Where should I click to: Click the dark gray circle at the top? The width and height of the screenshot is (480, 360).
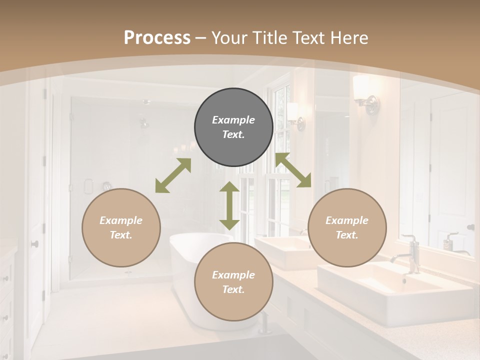233,127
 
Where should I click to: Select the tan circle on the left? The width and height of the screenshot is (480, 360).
121,227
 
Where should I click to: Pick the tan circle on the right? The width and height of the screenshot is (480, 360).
347,227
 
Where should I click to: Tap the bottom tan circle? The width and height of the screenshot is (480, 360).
233,282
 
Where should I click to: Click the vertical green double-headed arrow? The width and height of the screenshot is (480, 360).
229,206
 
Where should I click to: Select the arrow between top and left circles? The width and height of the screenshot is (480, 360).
173,175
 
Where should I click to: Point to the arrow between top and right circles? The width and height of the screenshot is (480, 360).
293,170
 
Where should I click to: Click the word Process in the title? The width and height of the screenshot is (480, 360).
157,38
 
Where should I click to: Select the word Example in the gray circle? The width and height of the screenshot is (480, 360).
233,120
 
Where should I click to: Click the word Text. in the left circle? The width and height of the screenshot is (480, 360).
121,235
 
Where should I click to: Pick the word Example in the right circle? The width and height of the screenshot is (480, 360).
347,220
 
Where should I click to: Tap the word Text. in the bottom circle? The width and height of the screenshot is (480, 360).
233,289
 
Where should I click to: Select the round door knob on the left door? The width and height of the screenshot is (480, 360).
34,244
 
